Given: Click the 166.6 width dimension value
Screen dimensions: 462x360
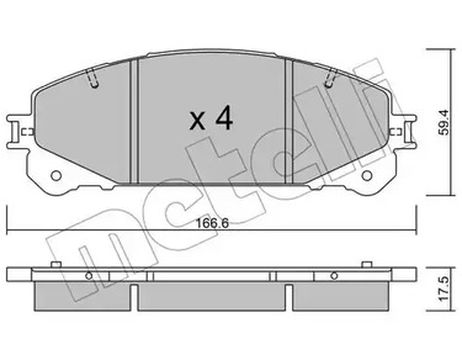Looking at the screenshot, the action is click(212, 223).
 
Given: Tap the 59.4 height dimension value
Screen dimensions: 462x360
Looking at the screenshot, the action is click(443, 122).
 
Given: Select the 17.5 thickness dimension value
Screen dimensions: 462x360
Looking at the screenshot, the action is click(443, 289).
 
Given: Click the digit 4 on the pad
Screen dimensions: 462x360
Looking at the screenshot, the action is click(224, 118).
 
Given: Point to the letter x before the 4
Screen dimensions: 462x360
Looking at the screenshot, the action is click(197, 121).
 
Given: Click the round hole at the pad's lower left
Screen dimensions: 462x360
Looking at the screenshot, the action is click(56, 176).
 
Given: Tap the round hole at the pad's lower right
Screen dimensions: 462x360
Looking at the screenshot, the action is click(367, 176).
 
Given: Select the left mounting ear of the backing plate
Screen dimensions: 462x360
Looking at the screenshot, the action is click(18, 131).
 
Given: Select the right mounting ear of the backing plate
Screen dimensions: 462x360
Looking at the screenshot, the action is click(404, 131).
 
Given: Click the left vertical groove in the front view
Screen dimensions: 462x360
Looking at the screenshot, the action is click(134, 121).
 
